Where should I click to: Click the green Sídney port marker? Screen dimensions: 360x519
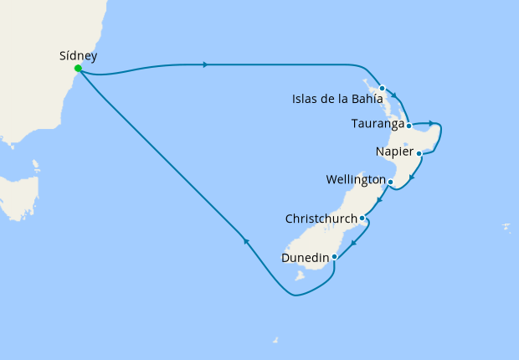[x=77, y=69]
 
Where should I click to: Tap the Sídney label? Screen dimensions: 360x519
[x=79, y=56]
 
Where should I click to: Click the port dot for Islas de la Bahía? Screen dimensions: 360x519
[x=382, y=88]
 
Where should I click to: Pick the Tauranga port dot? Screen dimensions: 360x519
[x=409, y=126]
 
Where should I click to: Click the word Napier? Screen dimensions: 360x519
[x=395, y=152]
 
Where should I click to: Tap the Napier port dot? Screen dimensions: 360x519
[x=419, y=154]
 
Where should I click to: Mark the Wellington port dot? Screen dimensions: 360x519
[x=390, y=182]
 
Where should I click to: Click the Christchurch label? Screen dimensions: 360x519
[x=320, y=219]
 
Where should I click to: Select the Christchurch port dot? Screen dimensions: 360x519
[x=362, y=219]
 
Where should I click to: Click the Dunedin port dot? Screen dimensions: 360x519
[x=334, y=257]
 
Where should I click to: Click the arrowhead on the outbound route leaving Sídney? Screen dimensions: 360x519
[x=205, y=64]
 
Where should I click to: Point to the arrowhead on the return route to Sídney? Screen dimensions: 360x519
[x=246, y=241]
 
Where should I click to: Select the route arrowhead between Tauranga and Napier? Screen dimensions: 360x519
[x=429, y=124]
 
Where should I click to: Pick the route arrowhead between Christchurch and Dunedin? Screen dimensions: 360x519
[x=353, y=244]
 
